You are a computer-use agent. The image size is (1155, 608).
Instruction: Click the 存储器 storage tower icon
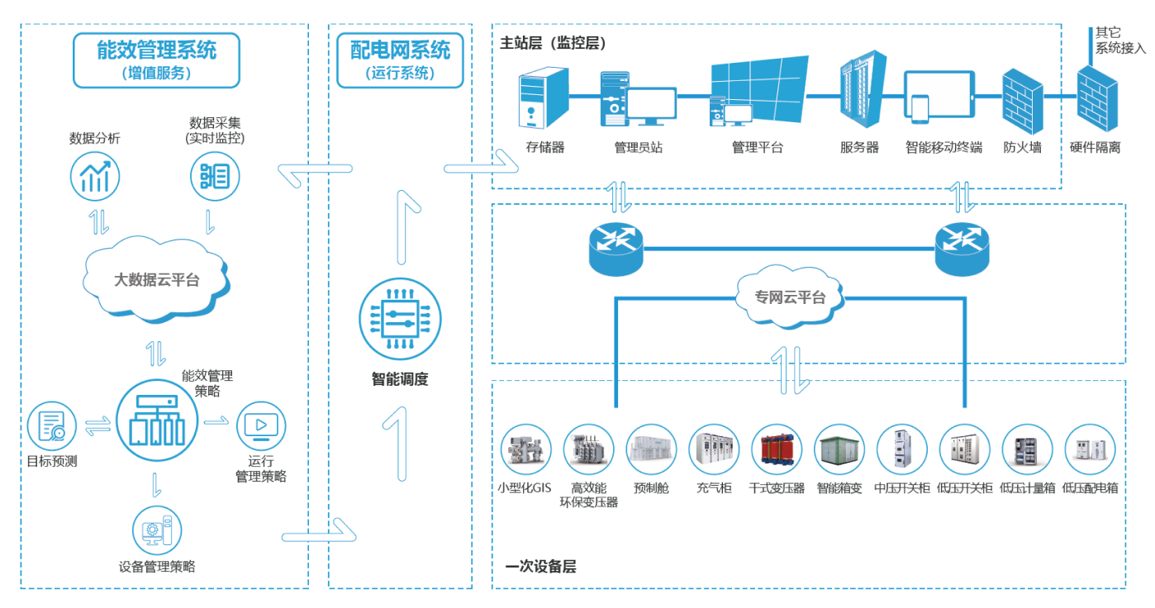click(x=544, y=97)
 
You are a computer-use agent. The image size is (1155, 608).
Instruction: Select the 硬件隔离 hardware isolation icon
click(x=1097, y=98)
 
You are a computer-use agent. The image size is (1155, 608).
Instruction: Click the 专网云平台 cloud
click(x=790, y=297)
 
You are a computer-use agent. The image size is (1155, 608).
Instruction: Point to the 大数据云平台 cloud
click(x=156, y=279)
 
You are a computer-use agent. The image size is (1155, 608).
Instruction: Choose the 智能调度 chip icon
click(x=400, y=319)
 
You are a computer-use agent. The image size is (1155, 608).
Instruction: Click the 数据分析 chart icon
click(x=95, y=176)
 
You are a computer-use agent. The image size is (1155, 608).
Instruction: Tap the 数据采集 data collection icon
click(x=215, y=176)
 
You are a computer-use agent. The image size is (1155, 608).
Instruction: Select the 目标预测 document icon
click(x=51, y=426)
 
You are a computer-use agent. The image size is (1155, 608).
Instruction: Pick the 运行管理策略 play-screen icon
click(x=261, y=426)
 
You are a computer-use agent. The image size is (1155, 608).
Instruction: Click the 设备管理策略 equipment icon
click(x=157, y=530)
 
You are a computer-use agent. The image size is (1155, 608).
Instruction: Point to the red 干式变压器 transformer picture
click(x=777, y=449)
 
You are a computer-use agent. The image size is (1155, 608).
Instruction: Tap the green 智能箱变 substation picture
click(x=839, y=449)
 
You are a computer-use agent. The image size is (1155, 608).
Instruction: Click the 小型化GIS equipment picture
click(x=525, y=449)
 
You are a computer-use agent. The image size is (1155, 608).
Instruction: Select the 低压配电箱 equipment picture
click(x=1090, y=449)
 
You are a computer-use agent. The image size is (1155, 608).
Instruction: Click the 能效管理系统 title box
click(x=156, y=60)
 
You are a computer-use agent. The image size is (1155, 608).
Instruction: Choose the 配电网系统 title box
click(x=400, y=60)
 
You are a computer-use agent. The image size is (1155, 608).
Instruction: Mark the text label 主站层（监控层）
click(x=553, y=43)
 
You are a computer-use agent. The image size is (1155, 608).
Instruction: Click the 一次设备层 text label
click(x=540, y=567)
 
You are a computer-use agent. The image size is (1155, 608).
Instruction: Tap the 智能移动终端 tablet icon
click(x=939, y=97)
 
